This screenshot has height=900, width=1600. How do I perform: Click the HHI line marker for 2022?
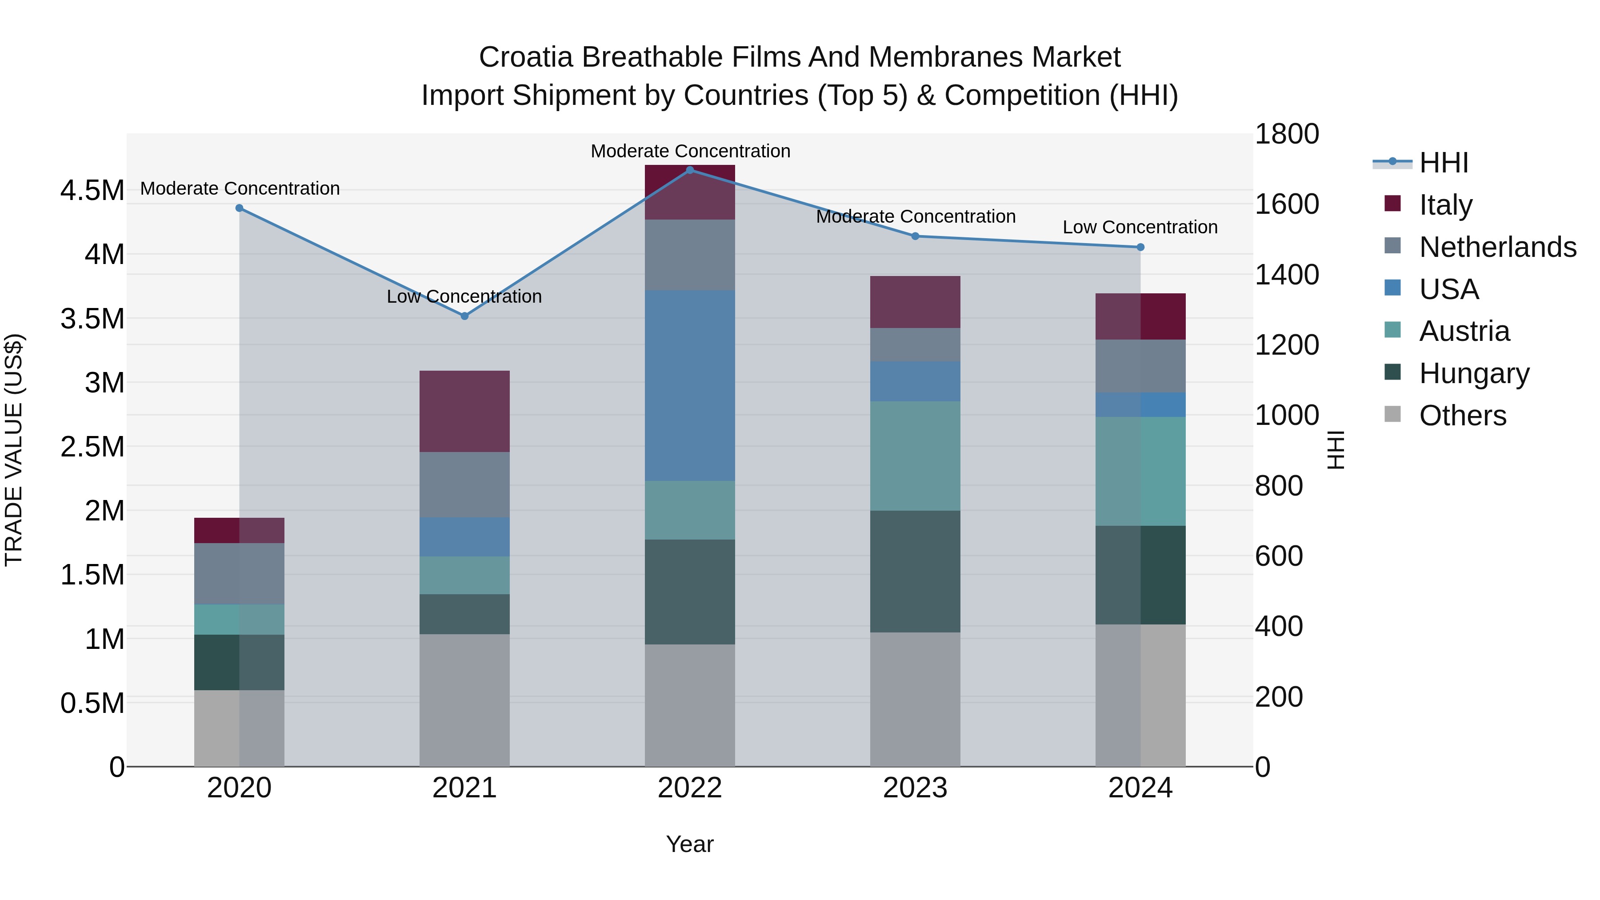click(x=689, y=170)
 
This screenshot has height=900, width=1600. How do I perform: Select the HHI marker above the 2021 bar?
click(x=464, y=316)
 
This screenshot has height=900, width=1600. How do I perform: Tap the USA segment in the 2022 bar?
click(x=689, y=385)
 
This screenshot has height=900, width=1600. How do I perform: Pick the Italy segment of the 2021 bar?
click(x=464, y=411)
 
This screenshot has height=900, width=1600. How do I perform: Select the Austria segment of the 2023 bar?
click(x=915, y=456)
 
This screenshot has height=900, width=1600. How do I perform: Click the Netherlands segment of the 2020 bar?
click(x=239, y=573)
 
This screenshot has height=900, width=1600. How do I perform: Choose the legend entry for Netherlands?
click(x=1497, y=247)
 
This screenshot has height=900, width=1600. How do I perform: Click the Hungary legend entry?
click(x=1473, y=373)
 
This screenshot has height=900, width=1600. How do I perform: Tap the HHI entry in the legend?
click(x=1443, y=163)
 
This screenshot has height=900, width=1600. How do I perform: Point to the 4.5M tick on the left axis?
click(x=92, y=190)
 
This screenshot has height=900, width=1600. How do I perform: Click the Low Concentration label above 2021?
click(x=464, y=297)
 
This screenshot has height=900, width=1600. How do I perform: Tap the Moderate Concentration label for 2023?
click(x=916, y=217)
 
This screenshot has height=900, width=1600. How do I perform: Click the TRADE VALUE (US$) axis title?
click(x=14, y=450)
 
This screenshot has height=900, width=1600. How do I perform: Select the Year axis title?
click(x=689, y=844)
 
